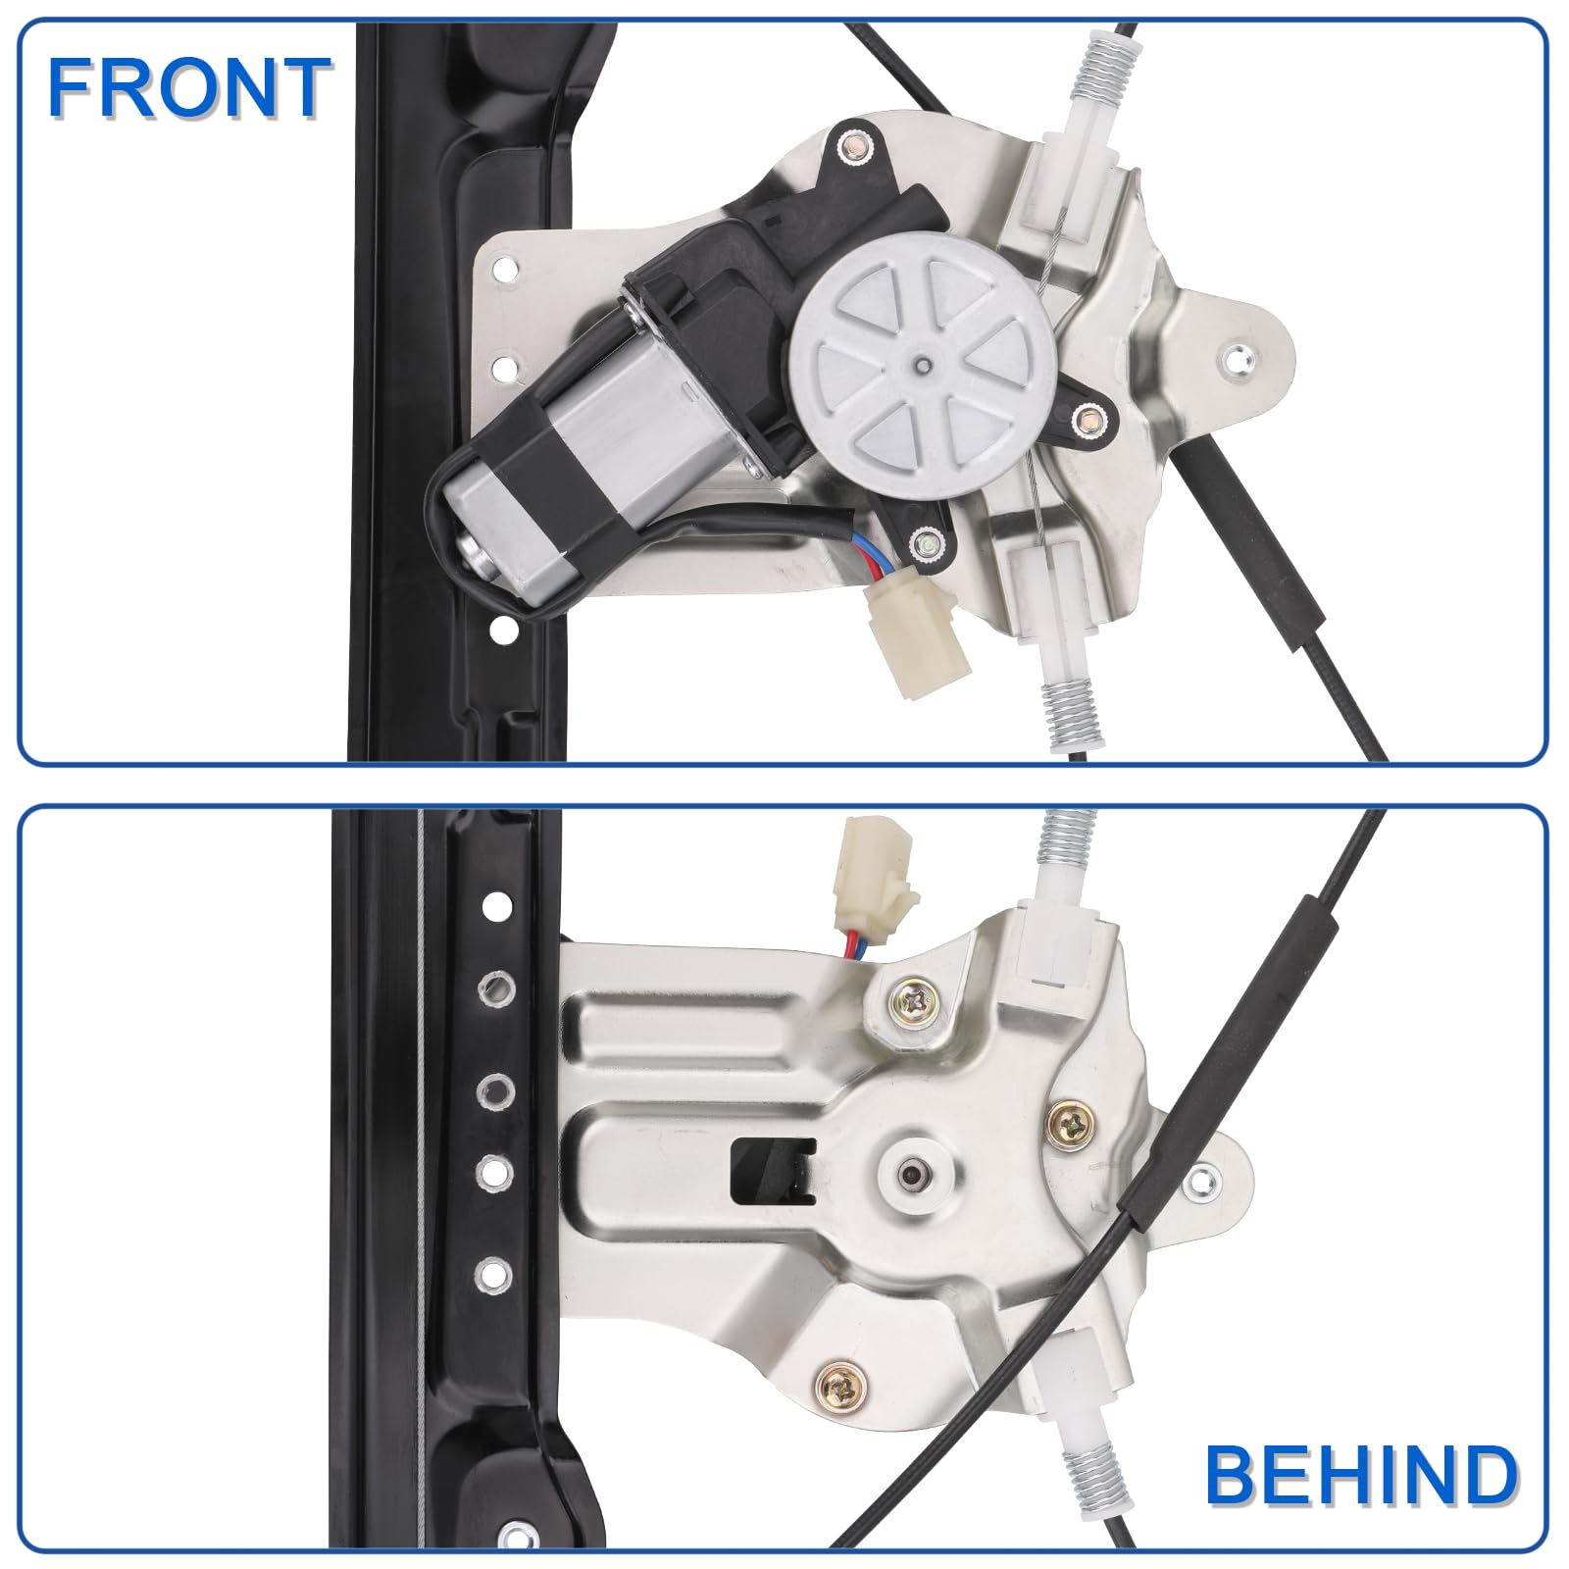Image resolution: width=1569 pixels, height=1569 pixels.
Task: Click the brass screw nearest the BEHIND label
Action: [841, 1385]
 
